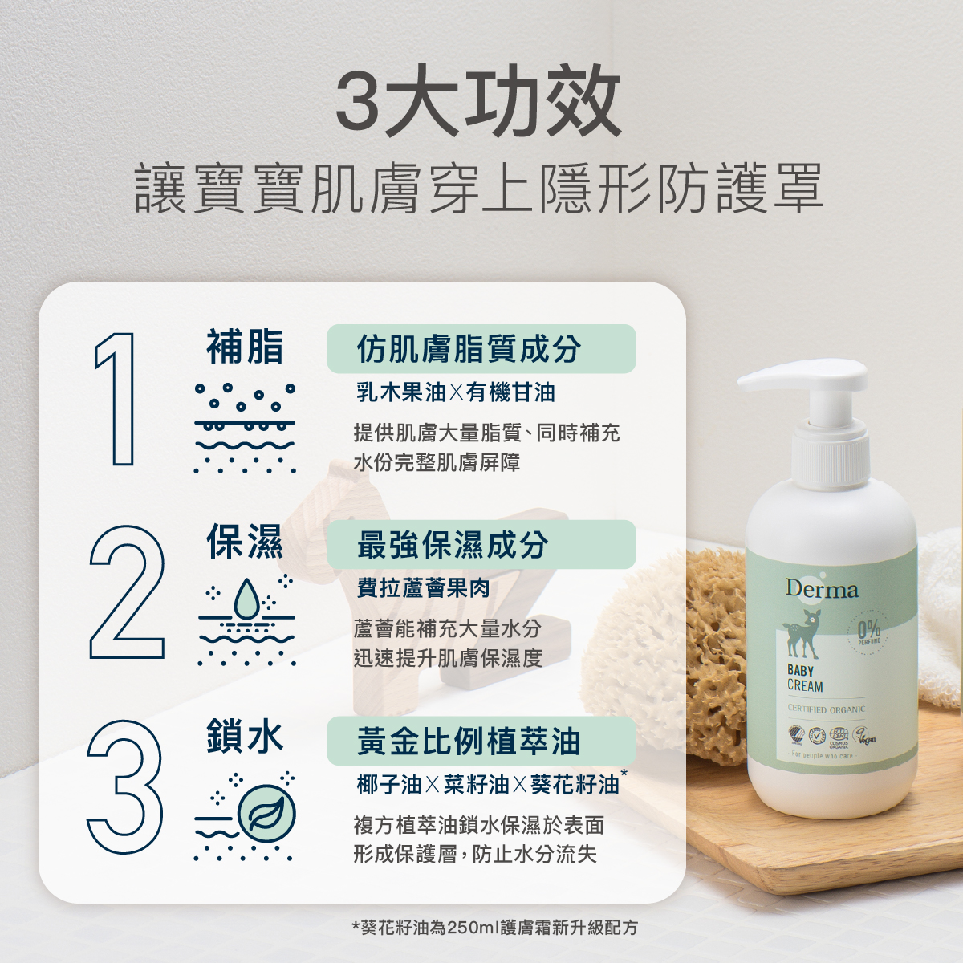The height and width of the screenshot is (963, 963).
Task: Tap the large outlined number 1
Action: point(116,398)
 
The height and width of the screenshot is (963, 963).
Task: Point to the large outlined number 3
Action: point(125,787)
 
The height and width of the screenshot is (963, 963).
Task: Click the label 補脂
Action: point(245,347)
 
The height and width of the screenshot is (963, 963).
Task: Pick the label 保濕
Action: point(245,542)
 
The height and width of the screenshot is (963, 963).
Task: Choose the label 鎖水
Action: point(245,737)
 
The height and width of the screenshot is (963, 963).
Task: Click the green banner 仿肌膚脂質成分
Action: point(481,349)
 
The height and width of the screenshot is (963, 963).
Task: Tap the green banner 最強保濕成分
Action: point(481,545)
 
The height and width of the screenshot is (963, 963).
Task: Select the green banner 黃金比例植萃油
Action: point(481,741)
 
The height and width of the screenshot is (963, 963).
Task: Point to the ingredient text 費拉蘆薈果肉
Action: point(423,588)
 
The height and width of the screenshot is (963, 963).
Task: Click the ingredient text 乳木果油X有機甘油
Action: point(455,392)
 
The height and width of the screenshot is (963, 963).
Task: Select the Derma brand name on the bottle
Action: point(821,590)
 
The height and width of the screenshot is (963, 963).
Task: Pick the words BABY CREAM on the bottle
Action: point(804,678)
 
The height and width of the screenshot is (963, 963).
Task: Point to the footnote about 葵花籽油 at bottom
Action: point(495,928)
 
